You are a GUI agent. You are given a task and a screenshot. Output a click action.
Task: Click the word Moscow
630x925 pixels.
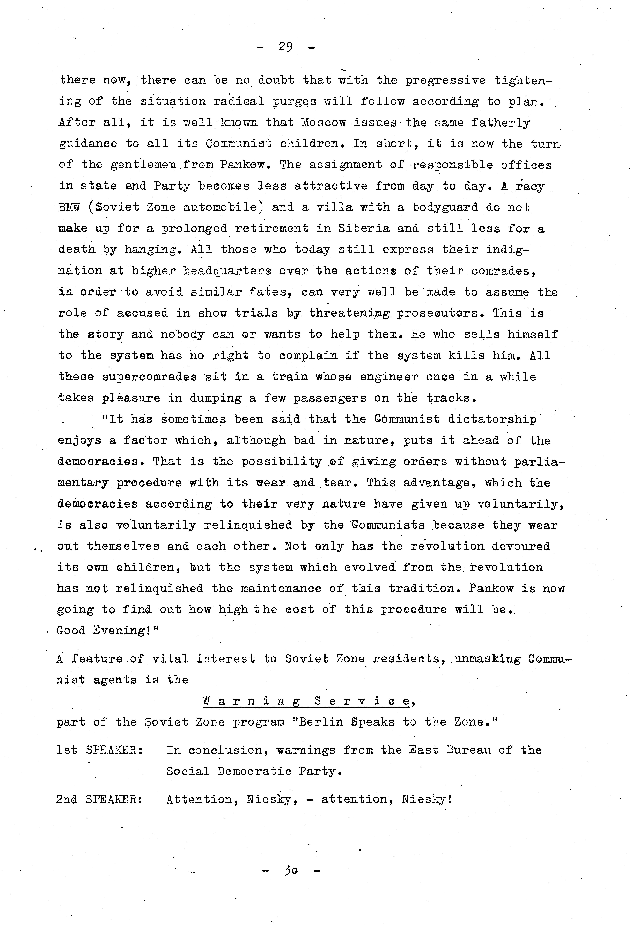(323, 123)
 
